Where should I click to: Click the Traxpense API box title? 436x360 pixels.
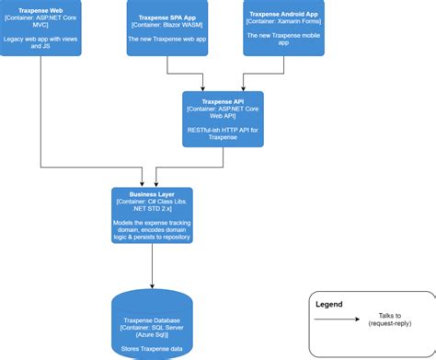coord(223,99)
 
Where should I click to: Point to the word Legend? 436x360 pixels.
coord(330,303)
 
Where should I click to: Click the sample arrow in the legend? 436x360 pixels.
coord(340,320)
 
